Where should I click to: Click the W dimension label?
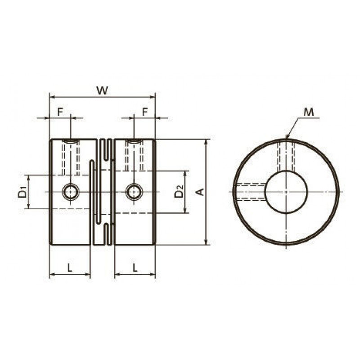[102, 90]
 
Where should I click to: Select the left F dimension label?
[60, 112]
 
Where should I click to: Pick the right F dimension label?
[145, 112]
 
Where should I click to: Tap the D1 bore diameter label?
[22, 192]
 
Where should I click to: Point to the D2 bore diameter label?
[179, 191]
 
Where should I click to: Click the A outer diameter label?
[200, 192]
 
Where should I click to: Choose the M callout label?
[308, 112]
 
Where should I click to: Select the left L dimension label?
[70, 267]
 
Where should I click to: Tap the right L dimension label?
[135, 267]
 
